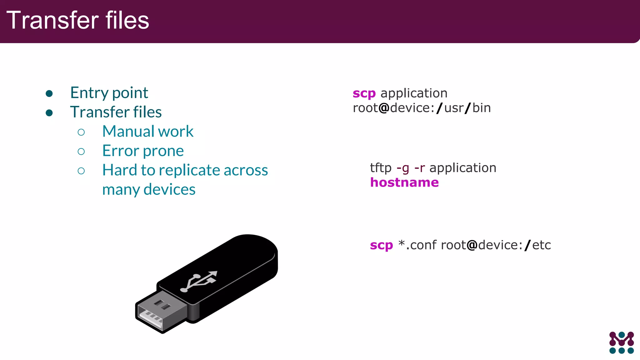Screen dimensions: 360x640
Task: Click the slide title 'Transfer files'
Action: tap(77, 20)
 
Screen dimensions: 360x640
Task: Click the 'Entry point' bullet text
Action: tap(109, 93)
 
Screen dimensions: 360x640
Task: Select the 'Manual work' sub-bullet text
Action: tap(148, 131)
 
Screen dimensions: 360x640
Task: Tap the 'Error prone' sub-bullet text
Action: tap(143, 151)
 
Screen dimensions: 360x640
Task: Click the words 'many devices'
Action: tap(149, 189)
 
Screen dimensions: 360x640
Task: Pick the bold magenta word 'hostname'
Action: tap(404, 182)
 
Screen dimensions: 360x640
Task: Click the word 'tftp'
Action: tap(381, 168)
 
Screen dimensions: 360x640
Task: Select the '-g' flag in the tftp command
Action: tap(403, 168)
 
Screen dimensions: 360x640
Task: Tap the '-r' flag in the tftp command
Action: tap(420, 168)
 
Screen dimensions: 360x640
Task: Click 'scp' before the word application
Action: tap(364, 93)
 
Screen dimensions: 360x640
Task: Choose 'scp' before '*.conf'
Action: tap(381, 245)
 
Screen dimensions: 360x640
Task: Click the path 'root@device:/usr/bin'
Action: tap(422, 108)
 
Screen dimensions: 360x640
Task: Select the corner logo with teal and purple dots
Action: tap(621, 342)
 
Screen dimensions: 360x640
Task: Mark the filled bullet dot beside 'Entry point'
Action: tap(49, 93)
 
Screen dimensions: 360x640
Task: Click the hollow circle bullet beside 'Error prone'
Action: tap(81, 152)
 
